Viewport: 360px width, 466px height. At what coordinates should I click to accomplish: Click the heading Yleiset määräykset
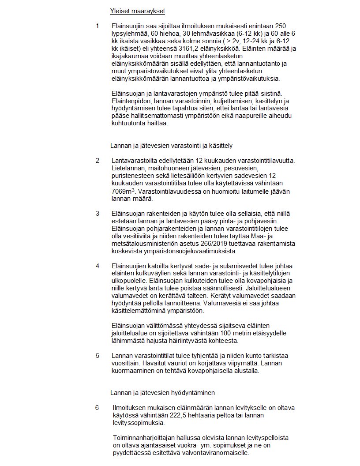pyautogui.click(x=137, y=11)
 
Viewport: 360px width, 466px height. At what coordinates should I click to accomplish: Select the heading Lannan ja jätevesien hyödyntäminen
pyautogui.click(x=162, y=392)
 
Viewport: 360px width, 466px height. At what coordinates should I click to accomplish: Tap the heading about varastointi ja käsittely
pyautogui.click(x=171, y=145)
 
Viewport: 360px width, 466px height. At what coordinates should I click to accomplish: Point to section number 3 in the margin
pyautogui.click(x=97, y=214)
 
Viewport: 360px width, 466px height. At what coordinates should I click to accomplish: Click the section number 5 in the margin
pyautogui.click(x=97, y=355)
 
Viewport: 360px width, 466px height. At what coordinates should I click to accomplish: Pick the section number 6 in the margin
pyautogui.click(x=97, y=407)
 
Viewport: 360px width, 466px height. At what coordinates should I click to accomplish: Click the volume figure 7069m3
pyautogui.click(x=123, y=192)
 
